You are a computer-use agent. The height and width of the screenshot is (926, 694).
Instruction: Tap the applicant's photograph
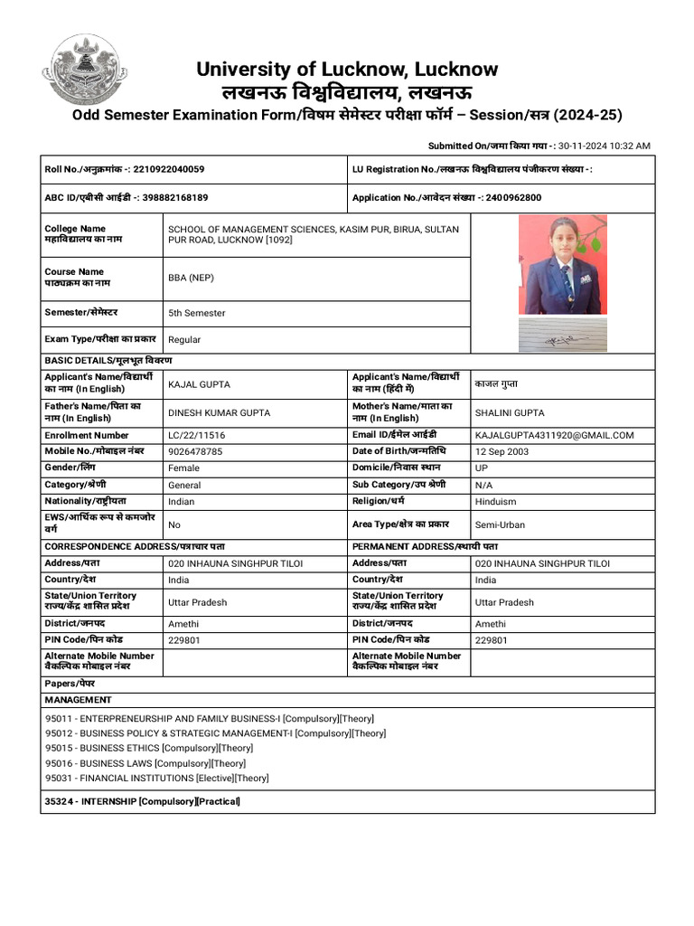[x=562, y=264]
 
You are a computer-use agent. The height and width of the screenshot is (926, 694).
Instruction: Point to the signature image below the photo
[x=562, y=336]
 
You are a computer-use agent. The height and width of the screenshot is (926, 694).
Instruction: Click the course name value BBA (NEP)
[x=191, y=278]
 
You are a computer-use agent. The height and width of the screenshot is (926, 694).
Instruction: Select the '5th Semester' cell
[x=197, y=313]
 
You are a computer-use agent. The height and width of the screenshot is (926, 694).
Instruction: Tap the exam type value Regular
[x=184, y=340]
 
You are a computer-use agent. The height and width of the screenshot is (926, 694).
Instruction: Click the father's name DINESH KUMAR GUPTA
[x=219, y=412]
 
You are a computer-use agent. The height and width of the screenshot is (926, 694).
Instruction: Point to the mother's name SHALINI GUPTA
[x=510, y=412]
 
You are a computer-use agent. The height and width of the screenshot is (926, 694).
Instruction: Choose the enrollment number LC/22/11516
[x=196, y=435]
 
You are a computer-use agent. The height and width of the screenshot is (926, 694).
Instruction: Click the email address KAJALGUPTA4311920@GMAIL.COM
[x=554, y=435]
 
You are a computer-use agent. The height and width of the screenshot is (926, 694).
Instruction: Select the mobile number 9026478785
[x=195, y=451]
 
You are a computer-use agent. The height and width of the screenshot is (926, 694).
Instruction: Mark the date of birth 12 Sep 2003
[x=502, y=451]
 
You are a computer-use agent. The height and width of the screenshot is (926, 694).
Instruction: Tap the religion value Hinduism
[x=495, y=501]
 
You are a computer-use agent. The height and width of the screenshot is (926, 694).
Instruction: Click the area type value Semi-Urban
[x=500, y=524]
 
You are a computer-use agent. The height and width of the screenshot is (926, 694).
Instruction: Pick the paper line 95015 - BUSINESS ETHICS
[x=149, y=748]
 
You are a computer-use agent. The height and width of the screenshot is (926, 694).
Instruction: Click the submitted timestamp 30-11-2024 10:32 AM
[x=604, y=146]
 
